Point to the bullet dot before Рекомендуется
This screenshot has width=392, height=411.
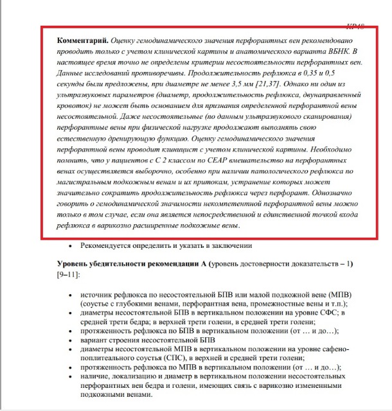click(70, 246)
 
